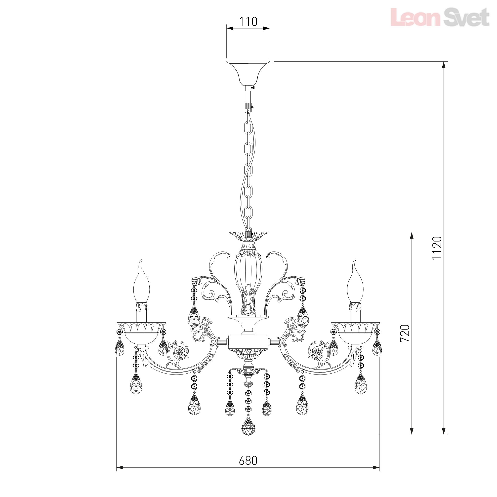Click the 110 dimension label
tap(248, 22)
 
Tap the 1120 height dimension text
tap(437, 248)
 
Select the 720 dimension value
tap(405, 333)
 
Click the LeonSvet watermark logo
tap(440, 17)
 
